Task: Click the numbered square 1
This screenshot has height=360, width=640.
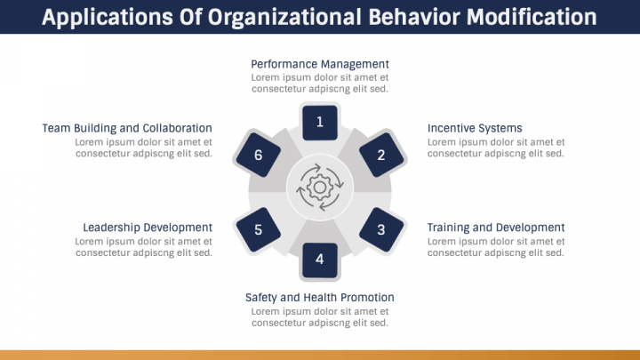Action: point(320,123)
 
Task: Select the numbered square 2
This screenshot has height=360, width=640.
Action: point(381,155)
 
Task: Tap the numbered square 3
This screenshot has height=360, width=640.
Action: point(381,229)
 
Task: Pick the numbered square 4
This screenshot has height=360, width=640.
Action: point(320,260)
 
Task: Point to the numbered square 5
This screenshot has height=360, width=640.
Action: point(259,229)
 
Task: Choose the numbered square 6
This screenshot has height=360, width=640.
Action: point(259,155)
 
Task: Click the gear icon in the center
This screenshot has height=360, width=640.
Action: point(320,186)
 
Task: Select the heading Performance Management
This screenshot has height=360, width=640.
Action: point(320,64)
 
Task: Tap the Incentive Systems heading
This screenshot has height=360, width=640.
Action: point(475,128)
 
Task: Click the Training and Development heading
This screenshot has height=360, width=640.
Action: point(496,228)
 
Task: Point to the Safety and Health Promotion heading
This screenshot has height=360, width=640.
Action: point(320,297)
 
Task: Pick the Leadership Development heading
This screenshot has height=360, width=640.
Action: point(148,228)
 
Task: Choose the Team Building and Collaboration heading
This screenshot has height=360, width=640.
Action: point(127,128)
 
